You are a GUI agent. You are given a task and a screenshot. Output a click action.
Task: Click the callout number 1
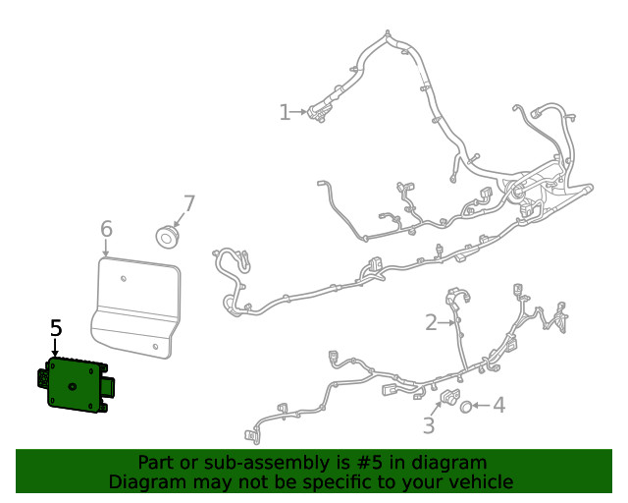pos(285,112)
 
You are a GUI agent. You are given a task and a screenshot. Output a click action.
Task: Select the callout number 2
pos(431,322)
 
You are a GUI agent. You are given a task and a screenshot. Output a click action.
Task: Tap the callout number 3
pos(429,425)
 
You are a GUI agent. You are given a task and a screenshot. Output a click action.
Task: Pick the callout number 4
pos(498,405)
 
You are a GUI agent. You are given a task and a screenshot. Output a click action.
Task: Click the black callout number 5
pos(56,329)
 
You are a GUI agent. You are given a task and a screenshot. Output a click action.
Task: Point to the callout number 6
pos(106,230)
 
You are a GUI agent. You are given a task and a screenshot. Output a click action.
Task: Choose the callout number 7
pos(188,204)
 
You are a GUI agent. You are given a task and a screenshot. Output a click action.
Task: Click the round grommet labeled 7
pos(168,236)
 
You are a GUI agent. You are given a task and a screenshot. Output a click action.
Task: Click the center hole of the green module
pos(73,388)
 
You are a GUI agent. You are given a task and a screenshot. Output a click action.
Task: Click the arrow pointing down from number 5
pos(56,348)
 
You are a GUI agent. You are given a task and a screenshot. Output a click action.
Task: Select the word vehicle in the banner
pos(478,482)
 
